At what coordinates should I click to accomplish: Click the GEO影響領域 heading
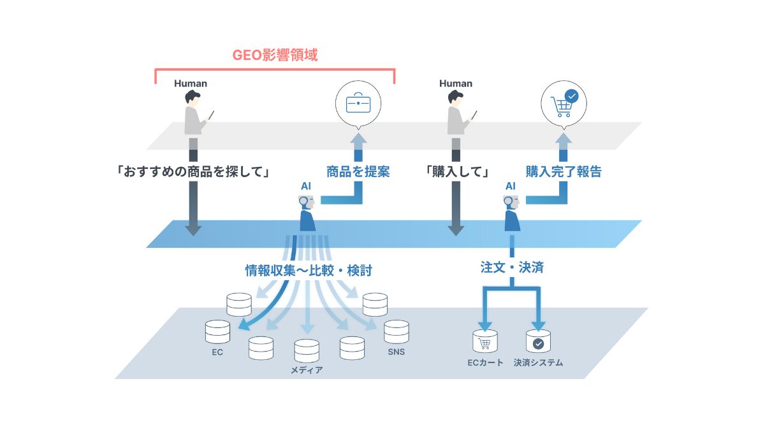[x=275, y=55]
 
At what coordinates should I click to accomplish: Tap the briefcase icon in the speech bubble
[x=358, y=103]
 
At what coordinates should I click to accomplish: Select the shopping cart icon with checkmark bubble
[x=563, y=103]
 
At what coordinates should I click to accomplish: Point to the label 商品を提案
[x=358, y=171]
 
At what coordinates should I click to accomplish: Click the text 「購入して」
[x=457, y=171]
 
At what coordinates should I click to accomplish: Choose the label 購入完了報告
[x=563, y=171]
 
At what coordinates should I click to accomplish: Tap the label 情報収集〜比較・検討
[x=309, y=270]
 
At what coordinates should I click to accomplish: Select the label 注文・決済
[x=512, y=268]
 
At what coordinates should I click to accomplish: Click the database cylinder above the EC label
[x=217, y=332]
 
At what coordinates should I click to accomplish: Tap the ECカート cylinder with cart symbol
[x=484, y=342]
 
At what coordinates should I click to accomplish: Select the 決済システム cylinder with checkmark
[x=538, y=342]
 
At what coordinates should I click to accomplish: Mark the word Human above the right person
[x=456, y=83]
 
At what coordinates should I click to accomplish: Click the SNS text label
[x=396, y=352]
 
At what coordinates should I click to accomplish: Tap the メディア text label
[x=307, y=370]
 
